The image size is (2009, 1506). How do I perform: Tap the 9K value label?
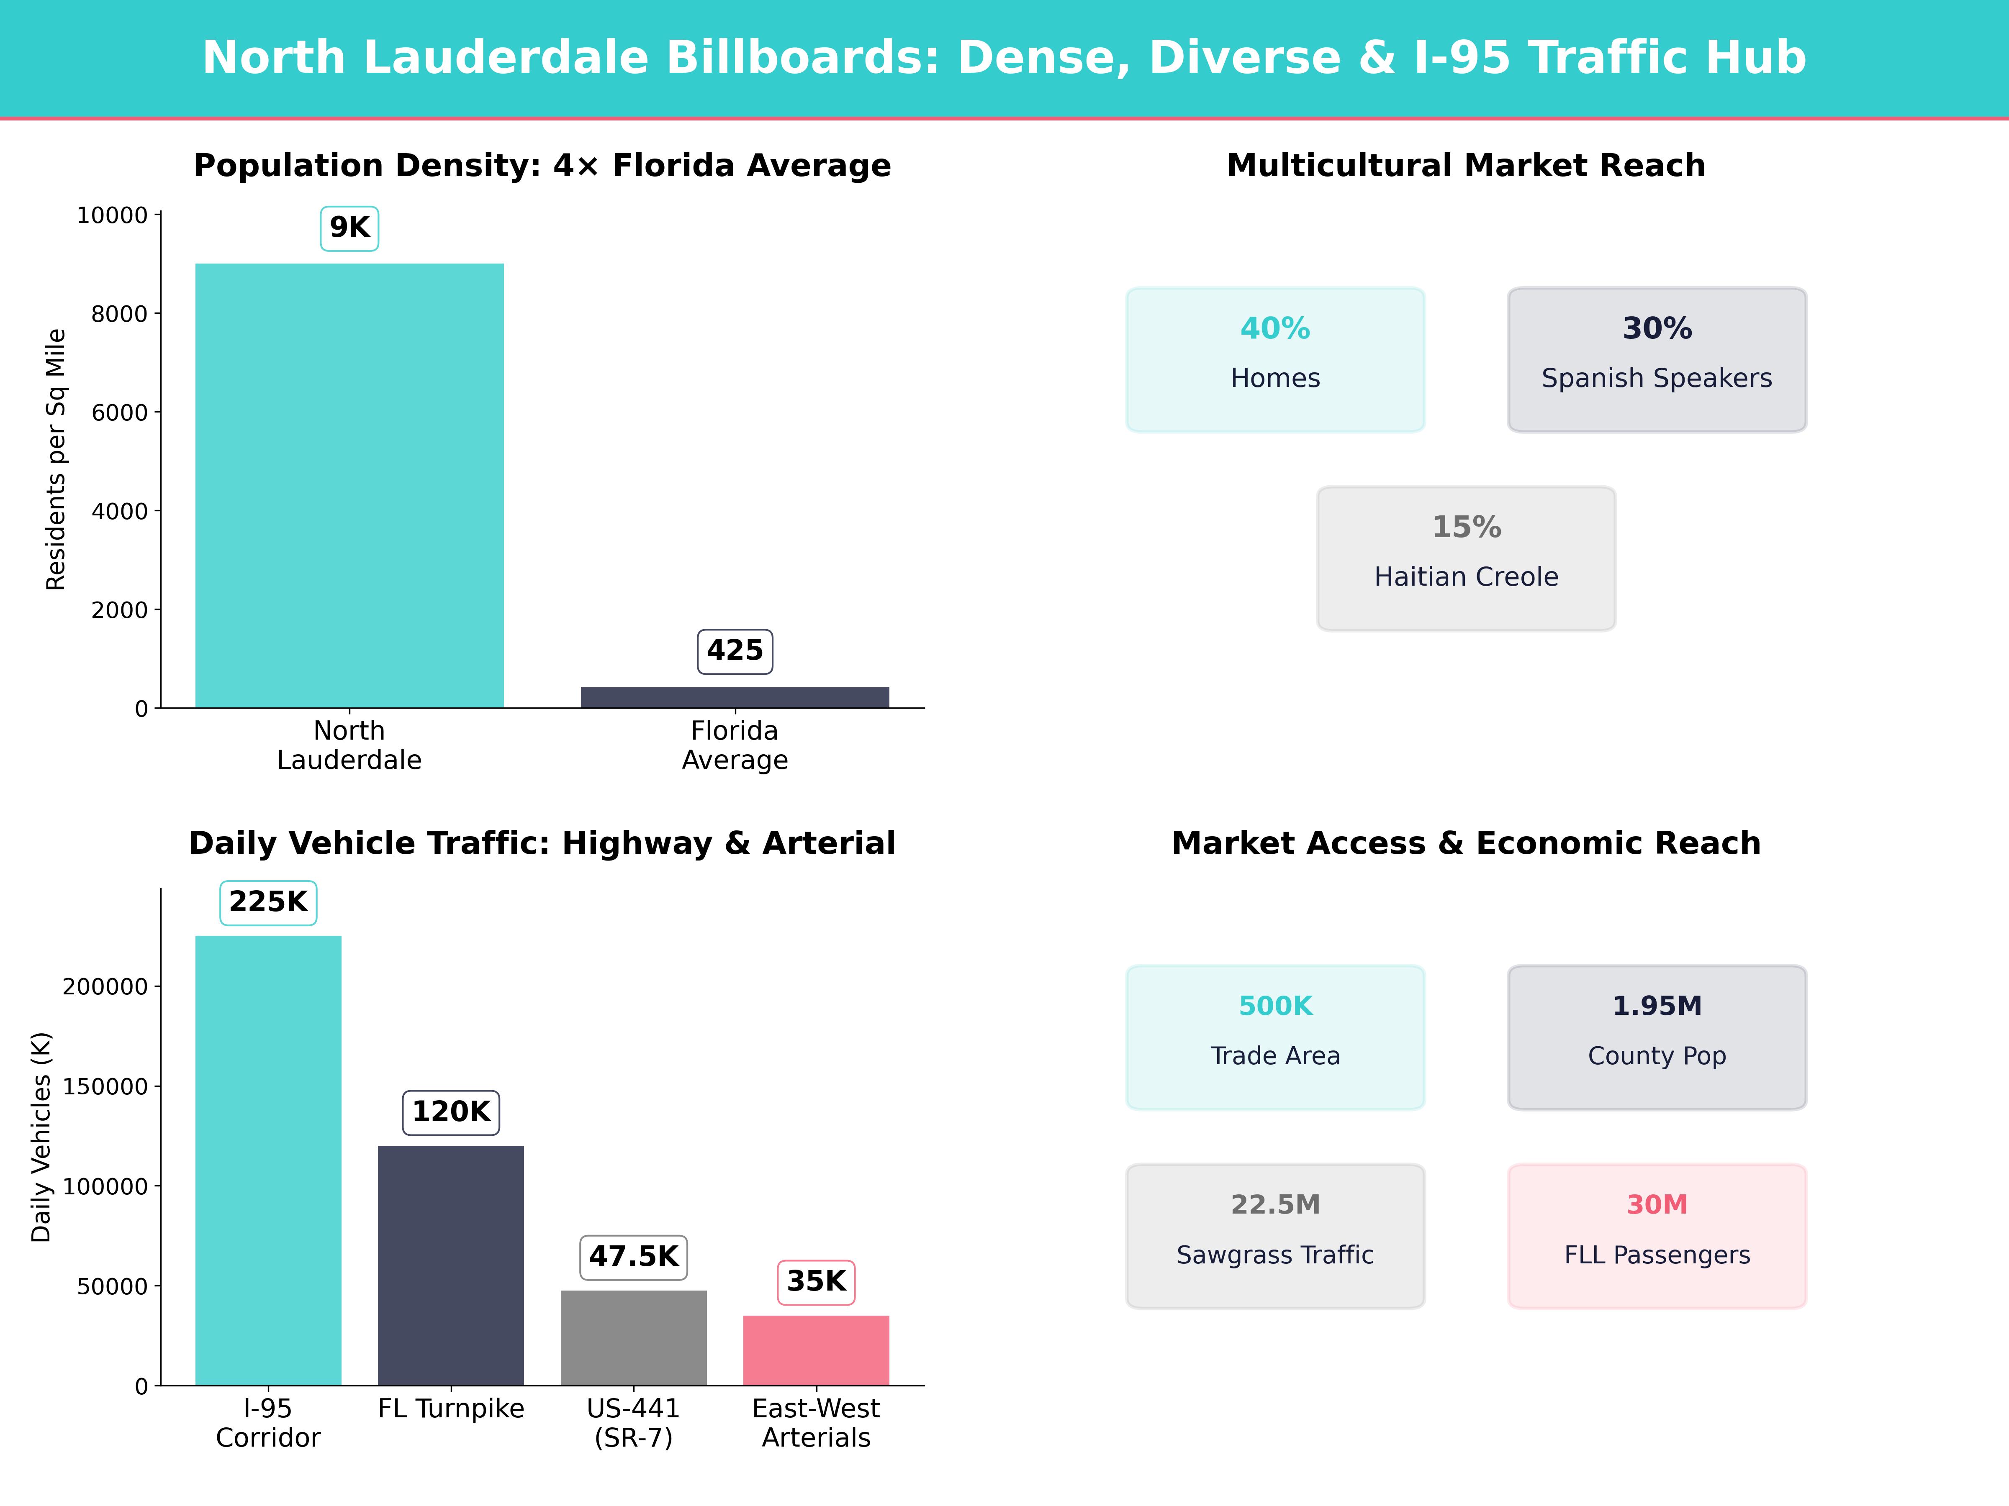349,228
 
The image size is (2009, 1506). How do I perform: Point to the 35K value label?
816,1282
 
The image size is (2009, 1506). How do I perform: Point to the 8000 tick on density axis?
119,314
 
